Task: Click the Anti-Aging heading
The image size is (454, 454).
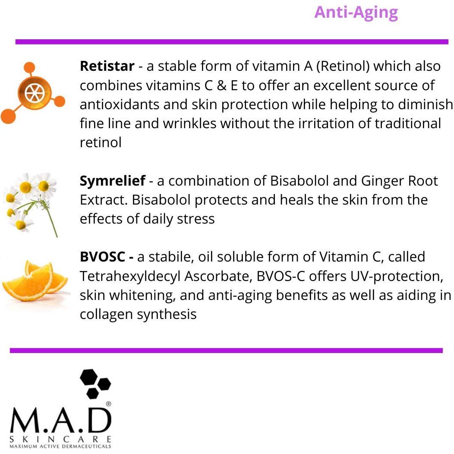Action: tap(356, 12)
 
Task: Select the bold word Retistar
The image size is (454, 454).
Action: tap(107, 66)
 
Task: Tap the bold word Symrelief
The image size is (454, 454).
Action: tap(112, 181)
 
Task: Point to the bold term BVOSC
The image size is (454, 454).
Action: tap(103, 257)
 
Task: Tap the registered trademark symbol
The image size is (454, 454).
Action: tap(108, 404)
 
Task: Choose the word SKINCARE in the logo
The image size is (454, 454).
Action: tap(60, 439)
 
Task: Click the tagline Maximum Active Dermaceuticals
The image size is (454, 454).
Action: tap(60, 446)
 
